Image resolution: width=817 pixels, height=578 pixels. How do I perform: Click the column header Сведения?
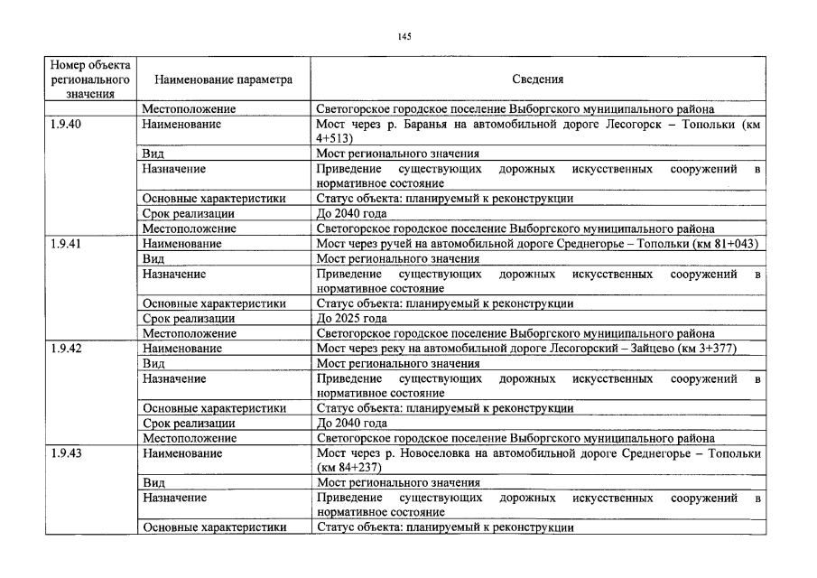pos(538,79)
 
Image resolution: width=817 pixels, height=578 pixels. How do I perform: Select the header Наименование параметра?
pos(218,79)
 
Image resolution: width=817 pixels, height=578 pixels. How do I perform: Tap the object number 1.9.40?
pos(67,125)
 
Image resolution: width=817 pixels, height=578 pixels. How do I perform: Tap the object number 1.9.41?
pos(67,244)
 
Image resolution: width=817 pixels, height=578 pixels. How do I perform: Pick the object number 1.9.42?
pos(67,348)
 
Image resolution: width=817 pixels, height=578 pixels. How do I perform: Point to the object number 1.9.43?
pos(67,452)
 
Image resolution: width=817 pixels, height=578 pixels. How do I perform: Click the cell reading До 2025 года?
pos(352,318)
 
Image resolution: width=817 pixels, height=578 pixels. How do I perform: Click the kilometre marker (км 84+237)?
pos(349,467)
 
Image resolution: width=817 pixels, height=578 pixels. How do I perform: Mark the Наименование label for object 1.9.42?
pos(182,348)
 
